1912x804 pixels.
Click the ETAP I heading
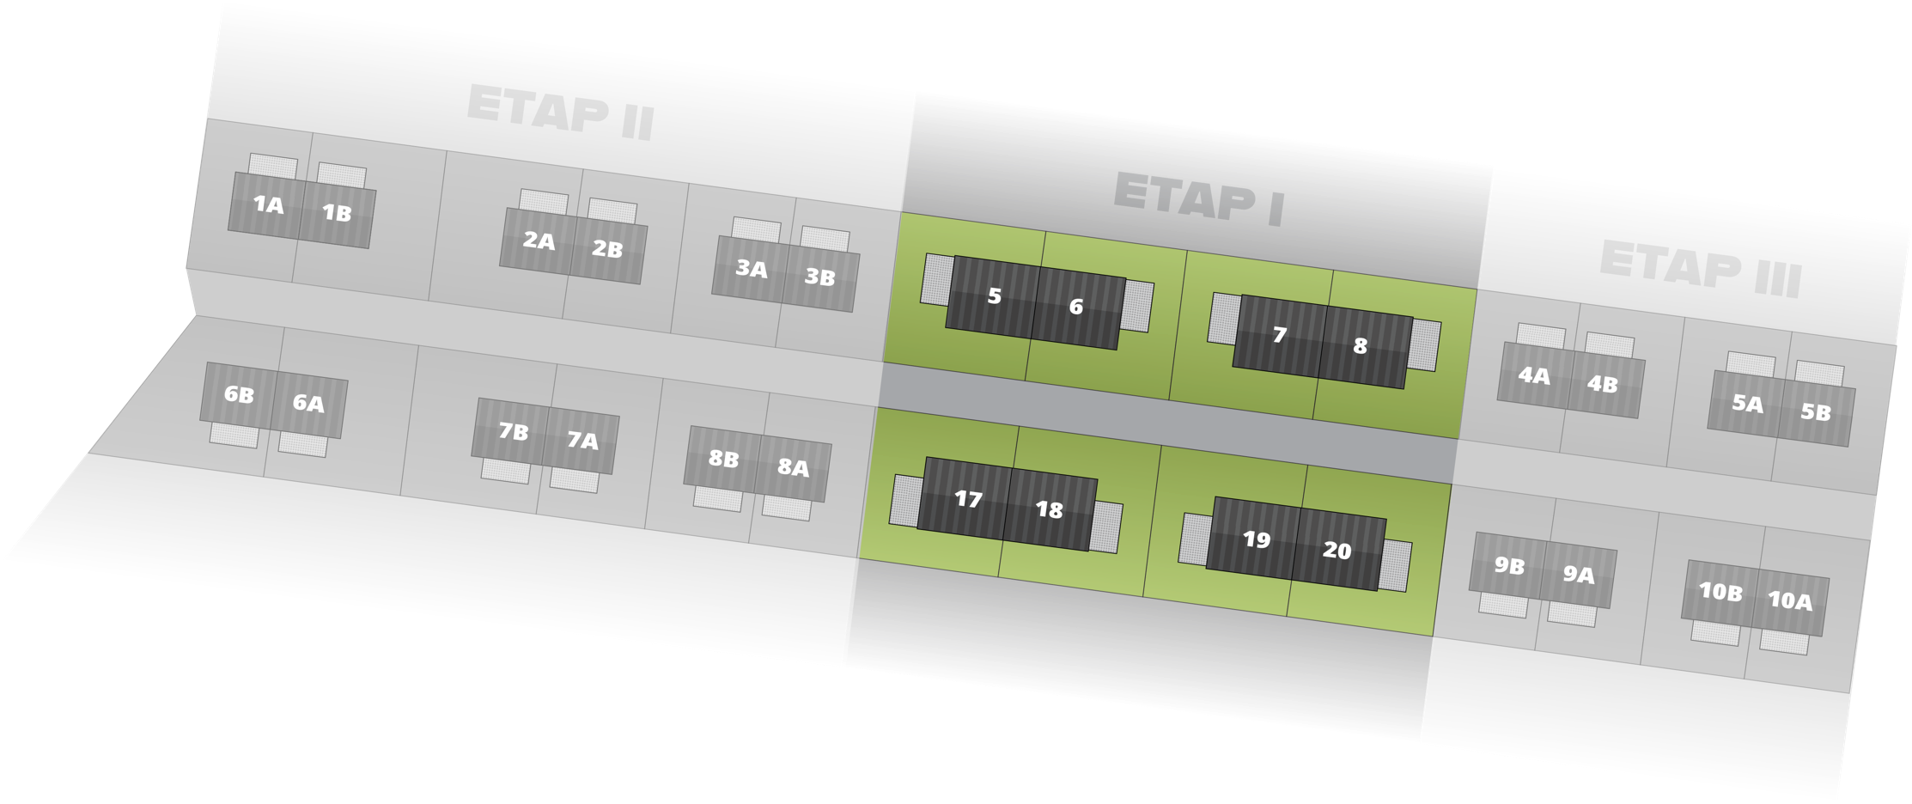coord(1198,199)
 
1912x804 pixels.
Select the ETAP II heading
coord(560,113)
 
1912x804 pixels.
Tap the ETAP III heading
coord(1700,269)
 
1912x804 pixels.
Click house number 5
coord(994,296)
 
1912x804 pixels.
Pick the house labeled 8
coord(1360,345)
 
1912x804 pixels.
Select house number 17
coord(968,499)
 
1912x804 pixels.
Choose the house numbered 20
coord(1337,551)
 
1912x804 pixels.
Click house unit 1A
coord(267,204)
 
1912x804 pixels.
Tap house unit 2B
coord(607,249)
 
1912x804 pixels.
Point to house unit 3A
coord(751,269)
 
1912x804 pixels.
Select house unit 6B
coord(239,395)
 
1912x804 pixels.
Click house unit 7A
coord(582,441)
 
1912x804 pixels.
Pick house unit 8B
coord(723,459)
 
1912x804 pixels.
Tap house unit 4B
coord(1602,384)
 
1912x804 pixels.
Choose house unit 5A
coord(1746,403)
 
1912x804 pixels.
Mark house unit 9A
coord(1578,575)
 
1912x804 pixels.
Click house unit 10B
coord(1720,591)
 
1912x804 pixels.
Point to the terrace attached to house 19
coord(1195,539)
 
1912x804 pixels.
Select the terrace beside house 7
coord(1224,318)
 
